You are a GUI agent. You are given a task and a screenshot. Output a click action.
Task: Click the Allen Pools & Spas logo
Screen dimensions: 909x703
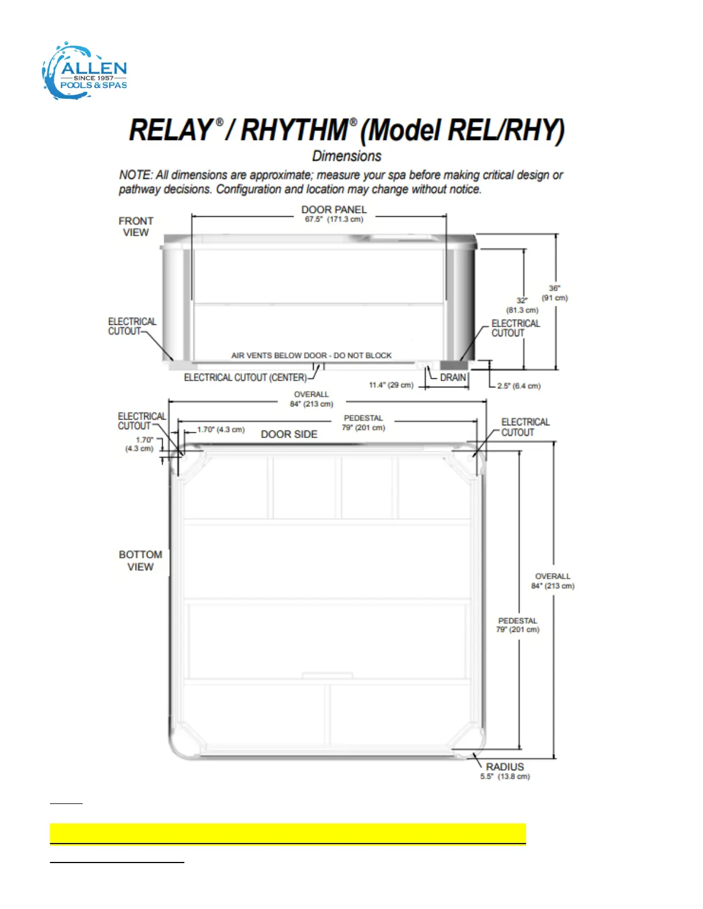(x=85, y=72)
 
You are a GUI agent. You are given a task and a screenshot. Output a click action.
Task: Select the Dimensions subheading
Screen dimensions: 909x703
(x=346, y=156)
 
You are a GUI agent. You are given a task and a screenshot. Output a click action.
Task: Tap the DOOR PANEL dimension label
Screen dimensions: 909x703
(x=334, y=213)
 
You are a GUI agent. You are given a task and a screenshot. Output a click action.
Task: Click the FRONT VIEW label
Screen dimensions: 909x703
(x=136, y=227)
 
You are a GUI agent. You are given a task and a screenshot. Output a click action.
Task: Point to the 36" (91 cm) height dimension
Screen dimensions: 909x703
(x=554, y=293)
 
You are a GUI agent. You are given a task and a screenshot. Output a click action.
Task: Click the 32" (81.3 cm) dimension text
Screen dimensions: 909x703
(x=522, y=305)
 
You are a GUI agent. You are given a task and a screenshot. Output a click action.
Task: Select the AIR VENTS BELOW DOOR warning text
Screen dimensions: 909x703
(x=311, y=356)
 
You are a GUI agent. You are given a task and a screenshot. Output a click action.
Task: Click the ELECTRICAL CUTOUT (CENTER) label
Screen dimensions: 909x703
(x=245, y=378)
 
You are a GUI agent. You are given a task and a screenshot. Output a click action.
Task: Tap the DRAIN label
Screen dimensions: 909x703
(x=453, y=378)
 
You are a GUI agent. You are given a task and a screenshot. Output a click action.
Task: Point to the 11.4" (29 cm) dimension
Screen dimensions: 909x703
(x=391, y=385)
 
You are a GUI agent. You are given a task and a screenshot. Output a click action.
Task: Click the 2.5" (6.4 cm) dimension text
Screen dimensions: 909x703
(x=519, y=386)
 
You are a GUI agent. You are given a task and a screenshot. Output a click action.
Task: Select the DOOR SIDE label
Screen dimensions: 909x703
(x=289, y=434)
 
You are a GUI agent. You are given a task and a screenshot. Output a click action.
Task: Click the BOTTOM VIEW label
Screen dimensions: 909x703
(x=140, y=561)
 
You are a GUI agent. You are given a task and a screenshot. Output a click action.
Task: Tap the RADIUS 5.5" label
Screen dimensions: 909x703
(x=505, y=771)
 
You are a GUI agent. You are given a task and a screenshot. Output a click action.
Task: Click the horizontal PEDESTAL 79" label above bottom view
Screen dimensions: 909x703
(x=363, y=423)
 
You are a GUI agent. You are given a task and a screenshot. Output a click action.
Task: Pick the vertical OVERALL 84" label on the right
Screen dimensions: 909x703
(x=553, y=581)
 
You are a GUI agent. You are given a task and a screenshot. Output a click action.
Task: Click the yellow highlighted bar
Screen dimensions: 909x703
(x=288, y=833)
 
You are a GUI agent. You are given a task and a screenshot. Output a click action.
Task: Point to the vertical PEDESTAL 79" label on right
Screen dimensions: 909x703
(x=517, y=625)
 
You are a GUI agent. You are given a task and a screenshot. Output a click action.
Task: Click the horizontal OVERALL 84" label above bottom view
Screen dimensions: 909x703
(x=311, y=399)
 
